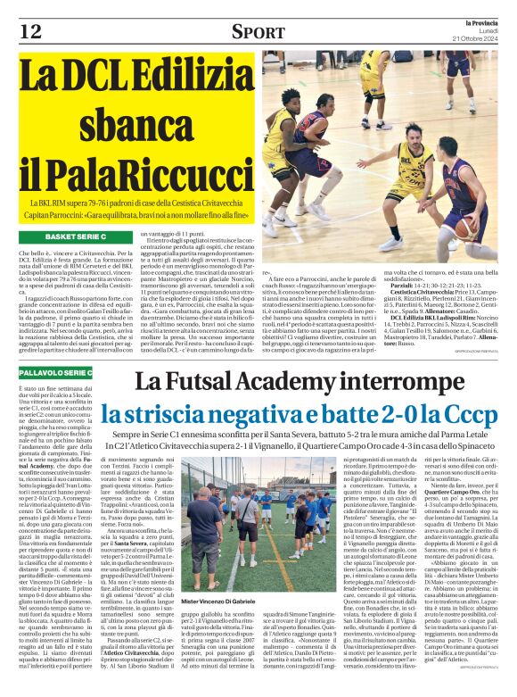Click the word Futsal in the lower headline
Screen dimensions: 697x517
tap(207, 382)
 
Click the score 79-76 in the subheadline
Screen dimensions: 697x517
tap(95, 204)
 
